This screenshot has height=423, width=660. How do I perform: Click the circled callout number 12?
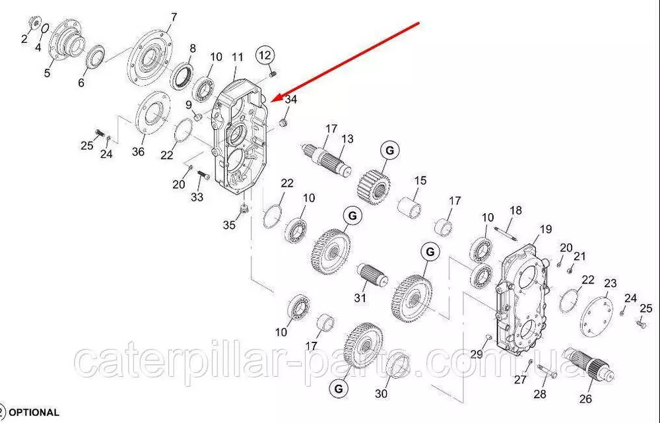265,55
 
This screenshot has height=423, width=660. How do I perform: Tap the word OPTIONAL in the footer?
34,412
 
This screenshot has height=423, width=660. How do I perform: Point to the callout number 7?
174,17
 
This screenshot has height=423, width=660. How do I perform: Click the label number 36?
138,152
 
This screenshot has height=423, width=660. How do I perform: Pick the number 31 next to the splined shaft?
359,298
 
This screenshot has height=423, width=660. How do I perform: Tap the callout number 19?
545,229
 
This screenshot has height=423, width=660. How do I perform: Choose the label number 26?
585,399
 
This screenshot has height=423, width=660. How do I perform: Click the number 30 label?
381,394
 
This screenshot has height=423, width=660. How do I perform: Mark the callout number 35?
229,225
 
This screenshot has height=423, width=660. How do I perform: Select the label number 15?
420,181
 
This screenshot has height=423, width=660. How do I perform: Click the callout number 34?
291,100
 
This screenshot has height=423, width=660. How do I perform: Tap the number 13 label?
347,139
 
